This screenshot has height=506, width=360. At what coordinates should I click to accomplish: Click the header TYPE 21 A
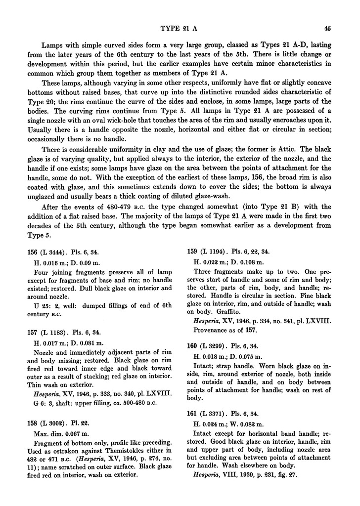[x=180, y=27]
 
